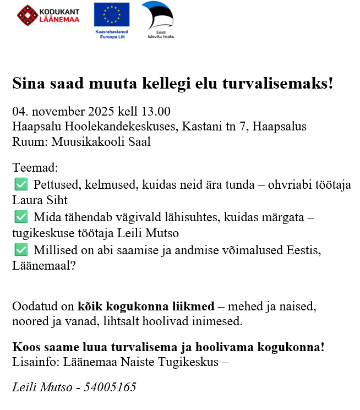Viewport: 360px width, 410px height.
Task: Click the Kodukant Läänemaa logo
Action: coord(48,15)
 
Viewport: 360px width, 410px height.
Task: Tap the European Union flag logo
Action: coord(112,14)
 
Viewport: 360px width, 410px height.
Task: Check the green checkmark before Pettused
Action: coord(20,184)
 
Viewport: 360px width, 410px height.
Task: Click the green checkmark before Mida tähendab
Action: coord(20,217)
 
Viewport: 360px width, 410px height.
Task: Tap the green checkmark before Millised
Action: coord(20,250)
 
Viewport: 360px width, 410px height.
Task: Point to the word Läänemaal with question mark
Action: coord(43,265)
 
